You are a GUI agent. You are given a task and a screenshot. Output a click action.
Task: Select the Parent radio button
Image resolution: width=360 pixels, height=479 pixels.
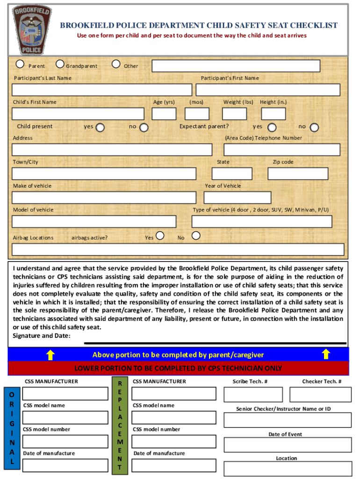pos(21,64)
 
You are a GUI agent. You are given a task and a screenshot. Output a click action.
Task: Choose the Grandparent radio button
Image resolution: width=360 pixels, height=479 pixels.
pos(60,64)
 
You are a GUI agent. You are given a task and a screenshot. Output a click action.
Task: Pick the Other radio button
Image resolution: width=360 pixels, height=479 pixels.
pos(116,64)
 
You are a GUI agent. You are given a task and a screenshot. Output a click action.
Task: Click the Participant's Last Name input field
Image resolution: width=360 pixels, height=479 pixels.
pos(102,90)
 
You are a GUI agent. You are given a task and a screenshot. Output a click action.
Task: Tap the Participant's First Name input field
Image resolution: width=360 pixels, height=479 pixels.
pos(268,90)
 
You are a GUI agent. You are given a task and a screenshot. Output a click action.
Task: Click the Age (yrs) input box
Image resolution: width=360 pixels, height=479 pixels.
pos(164,114)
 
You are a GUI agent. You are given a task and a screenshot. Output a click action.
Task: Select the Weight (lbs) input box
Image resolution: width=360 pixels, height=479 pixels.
pos(235,114)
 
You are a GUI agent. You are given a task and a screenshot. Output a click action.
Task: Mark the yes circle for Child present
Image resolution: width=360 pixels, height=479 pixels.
pos(100,127)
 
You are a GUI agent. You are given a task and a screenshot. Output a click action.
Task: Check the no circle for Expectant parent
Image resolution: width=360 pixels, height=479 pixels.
pos(314,127)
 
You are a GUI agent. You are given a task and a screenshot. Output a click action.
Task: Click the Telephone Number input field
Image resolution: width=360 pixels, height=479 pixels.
pos(282,150)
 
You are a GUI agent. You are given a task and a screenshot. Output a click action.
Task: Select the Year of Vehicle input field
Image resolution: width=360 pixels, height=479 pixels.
pos(238,197)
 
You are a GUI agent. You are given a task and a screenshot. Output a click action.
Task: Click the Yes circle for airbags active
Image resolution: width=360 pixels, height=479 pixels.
pos(160,235)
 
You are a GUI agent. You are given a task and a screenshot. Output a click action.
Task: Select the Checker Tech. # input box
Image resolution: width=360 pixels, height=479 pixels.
pos(320,395)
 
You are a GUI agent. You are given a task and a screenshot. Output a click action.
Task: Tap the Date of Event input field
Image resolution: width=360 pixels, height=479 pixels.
pos(288,444)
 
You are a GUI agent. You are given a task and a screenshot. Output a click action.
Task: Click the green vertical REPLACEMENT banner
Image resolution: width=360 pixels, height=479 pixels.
pos(120,426)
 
